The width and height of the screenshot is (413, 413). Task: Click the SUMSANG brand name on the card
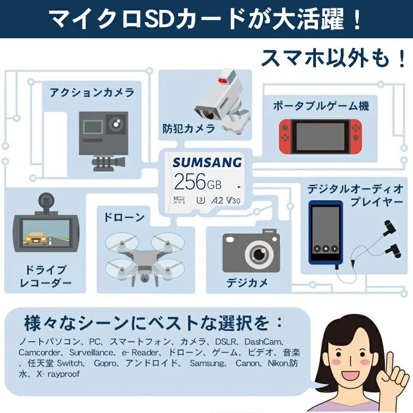(x=207, y=163)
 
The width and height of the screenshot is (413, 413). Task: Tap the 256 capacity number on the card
(x=189, y=182)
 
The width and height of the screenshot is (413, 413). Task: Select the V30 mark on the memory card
(x=233, y=200)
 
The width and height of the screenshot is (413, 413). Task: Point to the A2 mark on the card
(x=217, y=200)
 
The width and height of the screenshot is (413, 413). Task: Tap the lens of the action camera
(x=116, y=123)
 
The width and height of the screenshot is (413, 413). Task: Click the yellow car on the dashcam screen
(x=35, y=238)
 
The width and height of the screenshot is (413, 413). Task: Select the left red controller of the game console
(x=285, y=136)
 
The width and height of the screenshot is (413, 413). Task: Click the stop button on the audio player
(x=326, y=248)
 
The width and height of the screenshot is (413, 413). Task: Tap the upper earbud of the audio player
(x=389, y=228)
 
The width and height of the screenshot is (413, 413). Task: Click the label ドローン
(x=124, y=217)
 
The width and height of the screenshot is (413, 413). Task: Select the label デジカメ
(x=247, y=283)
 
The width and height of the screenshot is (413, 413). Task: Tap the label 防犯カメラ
(x=188, y=129)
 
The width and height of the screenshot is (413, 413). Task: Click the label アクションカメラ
(x=92, y=93)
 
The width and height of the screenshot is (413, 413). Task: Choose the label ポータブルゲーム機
(x=321, y=106)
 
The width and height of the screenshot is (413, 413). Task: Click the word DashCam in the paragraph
(x=262, y=342)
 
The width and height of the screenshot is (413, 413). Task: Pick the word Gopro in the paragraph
(x=105, y=363)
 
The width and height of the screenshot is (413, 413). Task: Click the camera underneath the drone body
(x=144, y=278)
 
